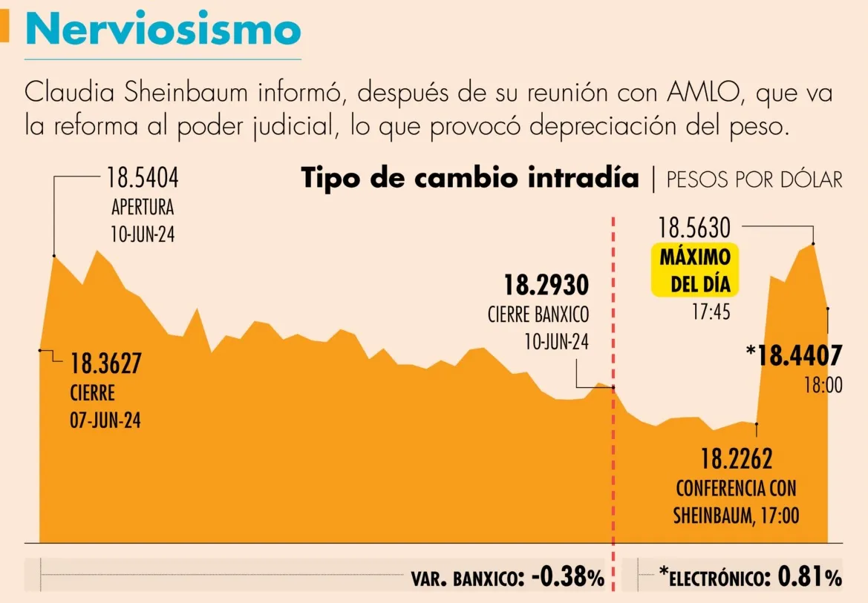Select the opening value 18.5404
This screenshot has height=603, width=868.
(x=143, y=179)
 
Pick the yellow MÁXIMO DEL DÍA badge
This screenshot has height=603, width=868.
(x=695, y=270)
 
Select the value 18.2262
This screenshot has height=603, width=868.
(x=737, y=459)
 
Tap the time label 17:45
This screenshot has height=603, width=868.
(x=711, y=312)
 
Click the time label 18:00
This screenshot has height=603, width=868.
(x=823, y=386)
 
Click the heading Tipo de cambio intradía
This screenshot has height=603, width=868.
(x=469, y=179)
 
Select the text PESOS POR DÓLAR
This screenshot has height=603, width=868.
(x=754, y=179)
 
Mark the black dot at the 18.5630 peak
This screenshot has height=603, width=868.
(x=814, y=243)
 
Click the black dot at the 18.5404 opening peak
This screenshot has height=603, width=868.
(x=53, y=256)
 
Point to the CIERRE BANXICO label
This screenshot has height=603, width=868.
(x=538, y=314)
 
